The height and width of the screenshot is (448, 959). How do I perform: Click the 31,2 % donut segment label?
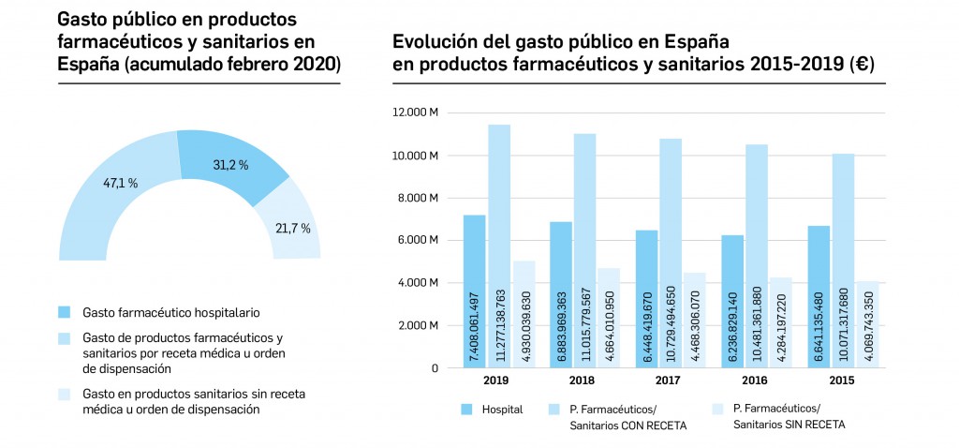[229, 165]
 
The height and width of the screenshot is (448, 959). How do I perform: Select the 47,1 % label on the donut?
[120, 184]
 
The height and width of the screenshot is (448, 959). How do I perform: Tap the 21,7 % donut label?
[292, 229]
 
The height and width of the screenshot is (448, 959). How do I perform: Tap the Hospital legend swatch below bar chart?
[468, 409]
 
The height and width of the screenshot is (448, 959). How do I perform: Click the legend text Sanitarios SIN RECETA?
[789, 425]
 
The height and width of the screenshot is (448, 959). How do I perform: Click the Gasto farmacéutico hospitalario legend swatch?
[64, 311]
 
